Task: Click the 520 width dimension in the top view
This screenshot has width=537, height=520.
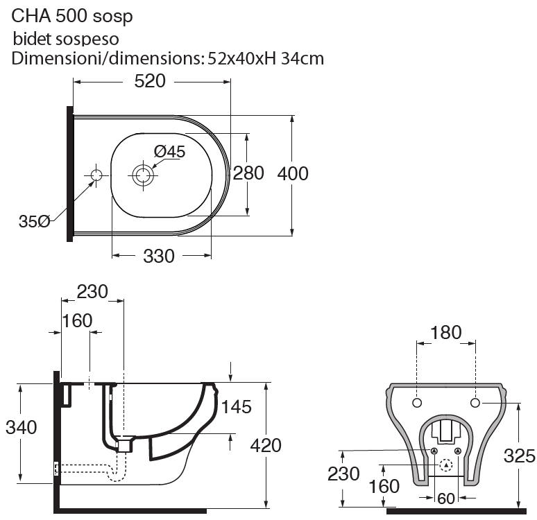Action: (x=150, y=82)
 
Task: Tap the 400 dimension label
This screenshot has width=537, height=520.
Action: (x=293, y=173)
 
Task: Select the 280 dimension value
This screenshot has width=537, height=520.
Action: (x=248, y=173)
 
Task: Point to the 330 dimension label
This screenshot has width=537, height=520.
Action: (x=159, y=257)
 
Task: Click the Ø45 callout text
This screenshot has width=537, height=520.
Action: (x=169, y=152)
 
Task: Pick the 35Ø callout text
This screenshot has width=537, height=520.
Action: (x=34, y=222)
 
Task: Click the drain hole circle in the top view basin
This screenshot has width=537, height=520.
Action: (x=144, y=174)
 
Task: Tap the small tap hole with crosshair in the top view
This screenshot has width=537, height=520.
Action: (x=96, y=174)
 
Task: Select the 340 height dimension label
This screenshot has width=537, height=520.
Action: (x=21, y=428)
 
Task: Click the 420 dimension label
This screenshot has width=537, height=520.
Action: (x=266, y=444)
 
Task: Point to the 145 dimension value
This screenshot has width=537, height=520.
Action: (x=236, y=407)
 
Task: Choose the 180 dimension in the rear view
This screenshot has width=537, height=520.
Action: (x=445, y=333)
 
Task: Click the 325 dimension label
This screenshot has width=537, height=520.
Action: (x=520, y=456)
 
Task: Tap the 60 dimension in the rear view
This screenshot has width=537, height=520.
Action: (x=447, y=497)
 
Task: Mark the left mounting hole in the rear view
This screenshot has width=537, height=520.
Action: (x=418, y=403)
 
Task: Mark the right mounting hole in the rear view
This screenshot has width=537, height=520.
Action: (x=475, y=403)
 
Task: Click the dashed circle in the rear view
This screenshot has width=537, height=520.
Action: (x=446, y=466)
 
